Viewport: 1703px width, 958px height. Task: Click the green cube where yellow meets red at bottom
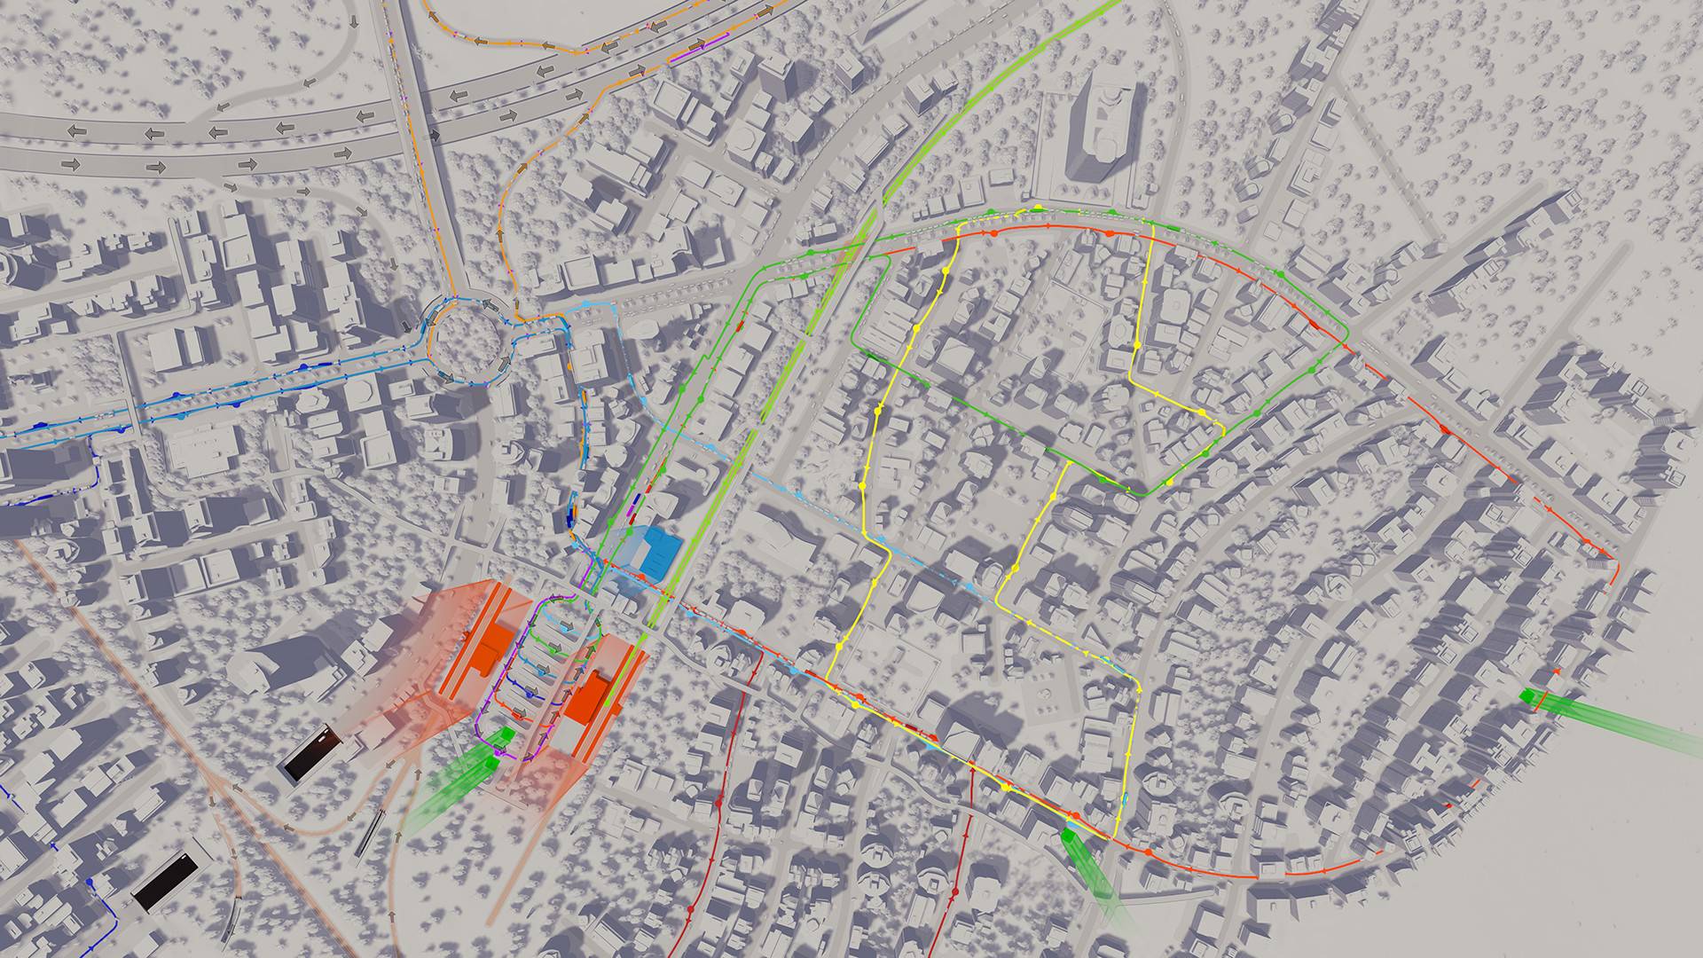point(1071,835)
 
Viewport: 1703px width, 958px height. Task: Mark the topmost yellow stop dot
point(1037,208)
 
